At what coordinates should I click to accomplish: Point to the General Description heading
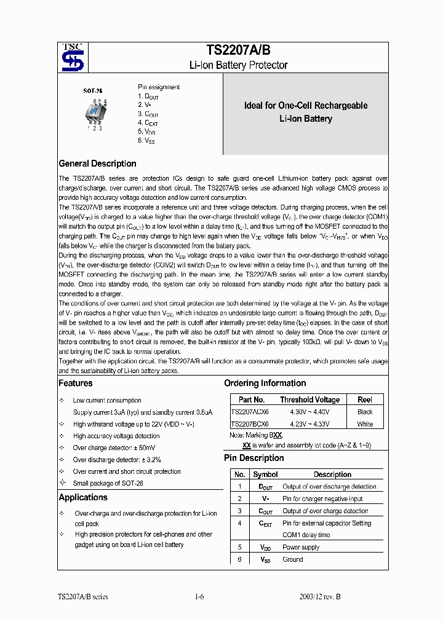pos(97,163)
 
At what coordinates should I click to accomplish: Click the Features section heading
pos(76,383)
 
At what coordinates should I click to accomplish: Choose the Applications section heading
pos(83,497)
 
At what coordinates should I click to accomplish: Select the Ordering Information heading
pos(265,383)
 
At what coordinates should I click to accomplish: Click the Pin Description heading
pos(253,458)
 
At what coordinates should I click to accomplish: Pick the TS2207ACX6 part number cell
pos(250,412)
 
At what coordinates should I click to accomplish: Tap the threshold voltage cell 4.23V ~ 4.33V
pos(309,424)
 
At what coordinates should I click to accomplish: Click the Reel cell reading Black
pos(365,412)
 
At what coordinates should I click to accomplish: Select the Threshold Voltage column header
pos(309,400)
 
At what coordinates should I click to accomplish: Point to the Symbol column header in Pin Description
pos(265,474)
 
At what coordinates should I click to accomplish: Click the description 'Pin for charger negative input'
pos(322,498)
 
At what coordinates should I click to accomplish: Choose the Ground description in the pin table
pos(293,559)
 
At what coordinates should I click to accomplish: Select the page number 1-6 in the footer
pos(199,596)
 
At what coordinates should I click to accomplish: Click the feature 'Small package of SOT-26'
pos(108,483)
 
